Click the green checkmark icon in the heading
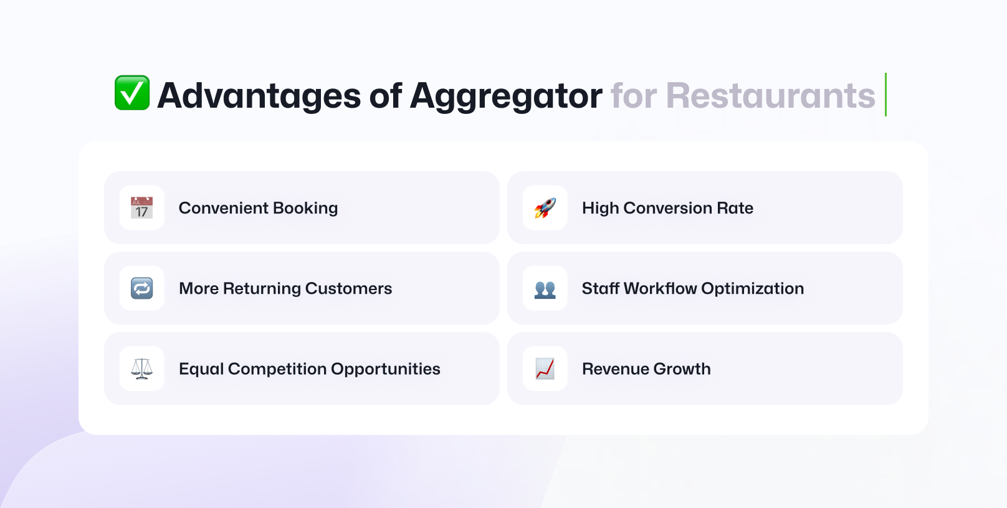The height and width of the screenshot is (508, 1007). pyautogui.click(x=132, y=93)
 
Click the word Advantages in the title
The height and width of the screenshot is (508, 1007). pyautogui.click(x=259, y=95)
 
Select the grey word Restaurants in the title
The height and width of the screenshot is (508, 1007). pyautogui.click(x=771, y=95)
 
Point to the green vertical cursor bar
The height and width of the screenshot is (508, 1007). pyautogui.click(x=885, y=95)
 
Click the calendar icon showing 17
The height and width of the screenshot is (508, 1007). pyautogui.click(x=141, y=207)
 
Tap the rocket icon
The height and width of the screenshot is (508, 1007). pyautogui.click(x=545, y=207)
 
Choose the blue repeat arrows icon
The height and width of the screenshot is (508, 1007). pyautogui.click(x=141, y=288)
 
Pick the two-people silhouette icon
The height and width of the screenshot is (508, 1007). pyautogui.click(x=545, y=289)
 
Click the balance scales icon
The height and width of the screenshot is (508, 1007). pyautogui.click(x=141, y=369)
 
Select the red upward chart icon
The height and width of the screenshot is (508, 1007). pyautogui.click(x=545, y=369)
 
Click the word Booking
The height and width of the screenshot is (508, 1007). pyautogui.click(x=305, y=209)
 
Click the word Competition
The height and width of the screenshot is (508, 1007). pyautogui.click(x=277, y=369)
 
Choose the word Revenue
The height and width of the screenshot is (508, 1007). pyautogui.click(x=615, y=369)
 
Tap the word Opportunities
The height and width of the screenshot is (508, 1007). pyautogui.click(x=386, y=369)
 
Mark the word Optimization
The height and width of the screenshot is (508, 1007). pyautogui.click(x=753, y=289)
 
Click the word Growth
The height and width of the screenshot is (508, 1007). pyautogui.click(x=682, y=369)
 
